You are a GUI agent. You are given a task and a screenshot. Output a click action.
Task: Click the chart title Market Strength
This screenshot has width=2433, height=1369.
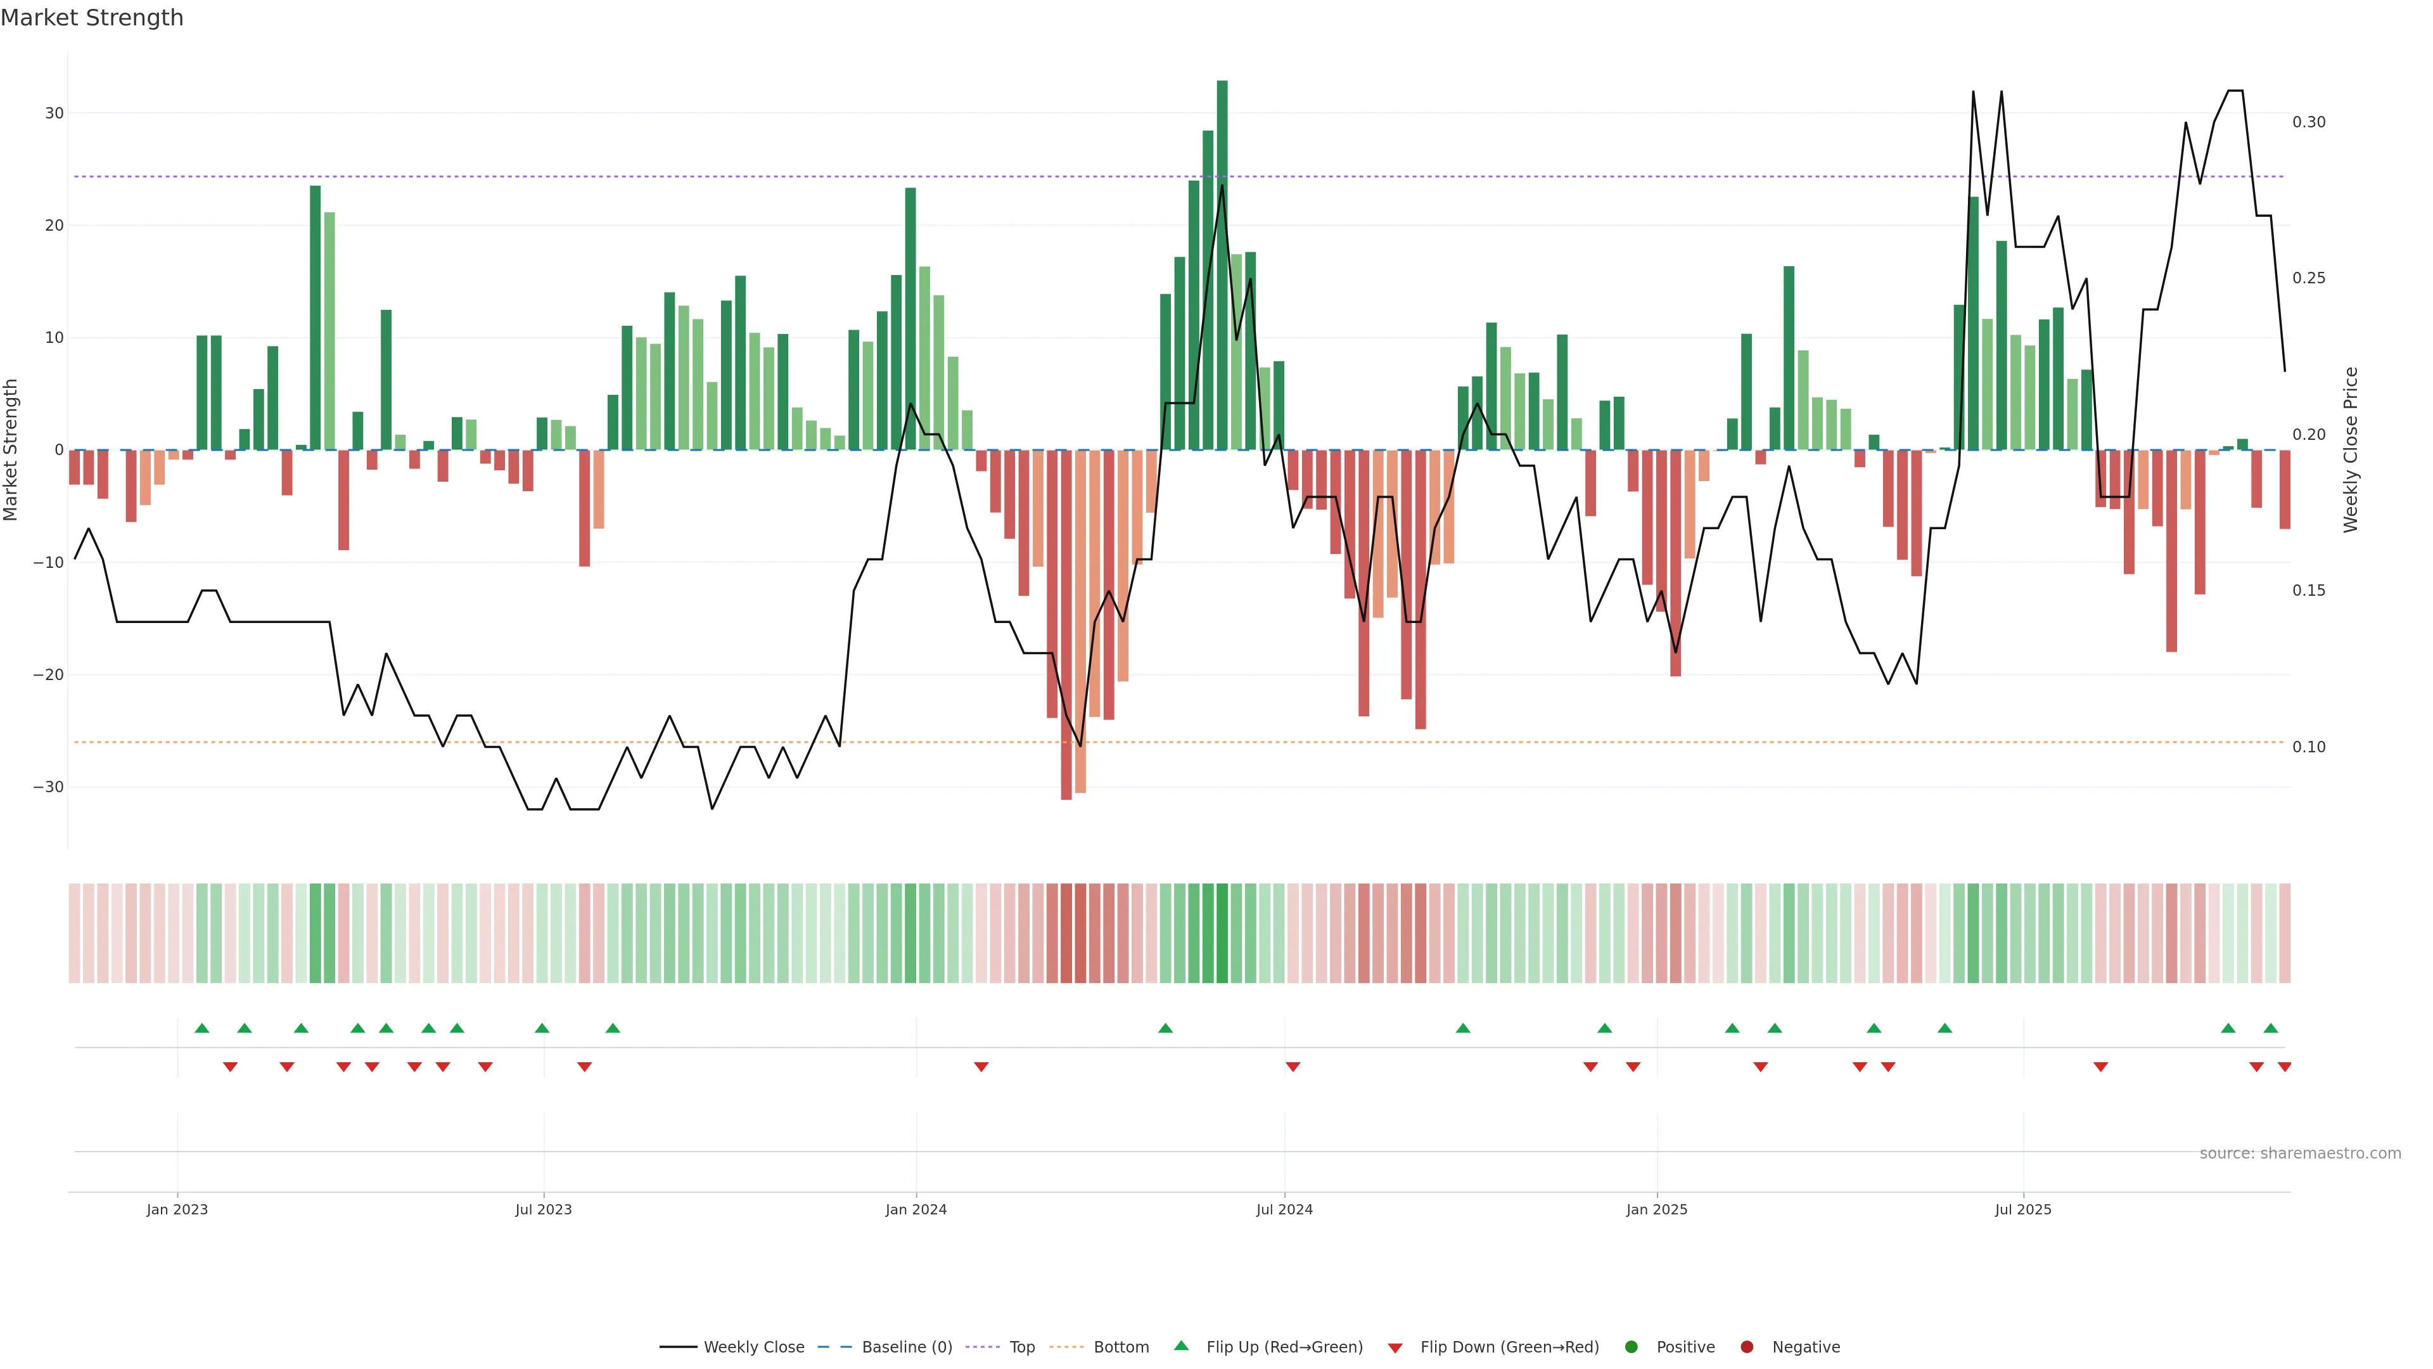tap(92, 18)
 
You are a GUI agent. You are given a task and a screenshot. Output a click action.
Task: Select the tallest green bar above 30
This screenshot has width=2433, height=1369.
tap(1222, 264)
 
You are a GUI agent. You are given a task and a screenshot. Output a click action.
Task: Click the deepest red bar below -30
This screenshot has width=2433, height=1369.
tap(1066, 624)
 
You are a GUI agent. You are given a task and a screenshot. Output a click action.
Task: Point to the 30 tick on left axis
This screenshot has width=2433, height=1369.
tap(54, 113)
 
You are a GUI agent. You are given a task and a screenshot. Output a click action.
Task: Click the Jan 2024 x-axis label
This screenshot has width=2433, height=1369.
tap(915, 1209)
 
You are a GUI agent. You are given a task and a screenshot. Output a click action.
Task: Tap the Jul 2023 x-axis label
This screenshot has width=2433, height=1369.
tap(543, 1209)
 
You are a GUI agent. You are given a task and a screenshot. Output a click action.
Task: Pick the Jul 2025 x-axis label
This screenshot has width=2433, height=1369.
tap(2022, 1209)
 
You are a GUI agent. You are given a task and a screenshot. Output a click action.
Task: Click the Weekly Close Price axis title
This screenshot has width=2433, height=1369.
tap(2351, 450)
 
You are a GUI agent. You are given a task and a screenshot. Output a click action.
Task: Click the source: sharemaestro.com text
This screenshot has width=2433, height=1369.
tap(2300, 1154)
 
